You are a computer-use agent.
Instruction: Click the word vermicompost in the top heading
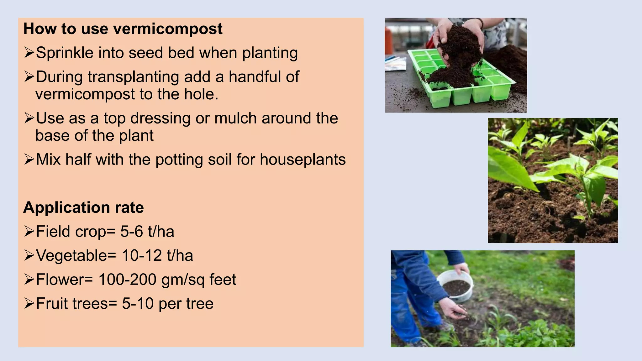pos(168,29)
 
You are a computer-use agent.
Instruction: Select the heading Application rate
pos(83,208)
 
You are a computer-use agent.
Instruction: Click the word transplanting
pos(133,77)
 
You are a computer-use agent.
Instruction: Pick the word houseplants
pos(303,160)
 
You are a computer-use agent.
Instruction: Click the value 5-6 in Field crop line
pos(132,232)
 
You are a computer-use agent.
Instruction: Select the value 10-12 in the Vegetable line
pos(142,256)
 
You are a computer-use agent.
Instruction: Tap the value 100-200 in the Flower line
pos(127,280)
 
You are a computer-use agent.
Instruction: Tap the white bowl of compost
pos(456,285)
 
